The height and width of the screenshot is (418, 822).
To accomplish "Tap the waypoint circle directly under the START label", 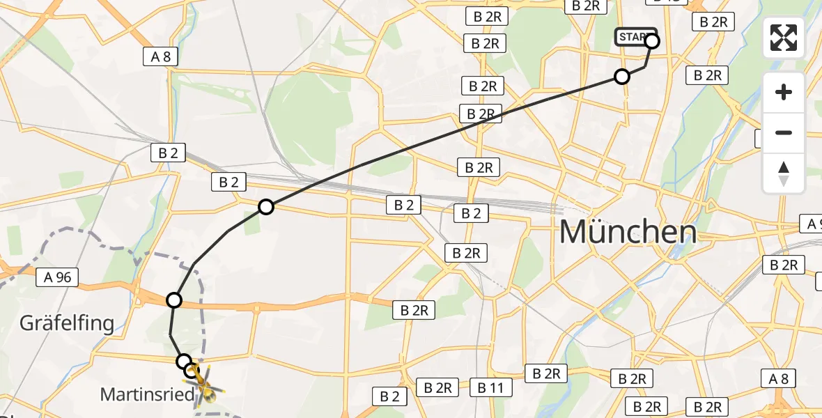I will tap(652, 42).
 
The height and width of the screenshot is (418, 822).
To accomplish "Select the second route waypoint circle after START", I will tap(622, 77).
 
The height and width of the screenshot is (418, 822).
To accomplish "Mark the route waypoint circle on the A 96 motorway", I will tap(174, 300).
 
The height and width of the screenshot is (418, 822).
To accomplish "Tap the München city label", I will tap(628, 232).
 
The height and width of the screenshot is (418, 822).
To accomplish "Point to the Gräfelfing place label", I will tap(66, 323).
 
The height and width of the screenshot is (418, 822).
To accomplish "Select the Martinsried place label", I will tap(147, 394).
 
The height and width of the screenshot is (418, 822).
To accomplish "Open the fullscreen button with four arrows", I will tap(784, 38).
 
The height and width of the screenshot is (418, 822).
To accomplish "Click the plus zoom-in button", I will tap(784, 92).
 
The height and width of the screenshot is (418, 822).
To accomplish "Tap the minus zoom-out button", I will tap(784, 132).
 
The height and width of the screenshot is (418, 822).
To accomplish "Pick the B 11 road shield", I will tap(490, 387).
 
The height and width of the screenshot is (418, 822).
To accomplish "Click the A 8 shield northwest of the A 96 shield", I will tap(161, 56).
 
